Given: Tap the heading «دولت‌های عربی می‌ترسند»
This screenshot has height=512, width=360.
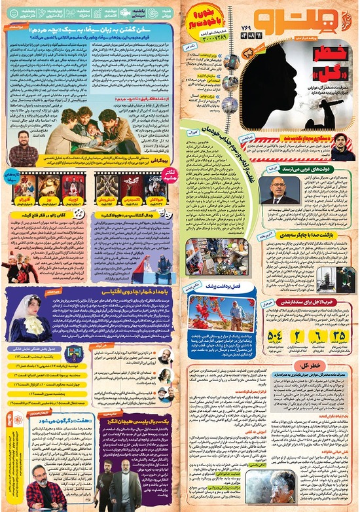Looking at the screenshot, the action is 317,168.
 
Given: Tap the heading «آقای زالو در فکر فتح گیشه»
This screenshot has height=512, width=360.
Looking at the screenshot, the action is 50,213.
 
